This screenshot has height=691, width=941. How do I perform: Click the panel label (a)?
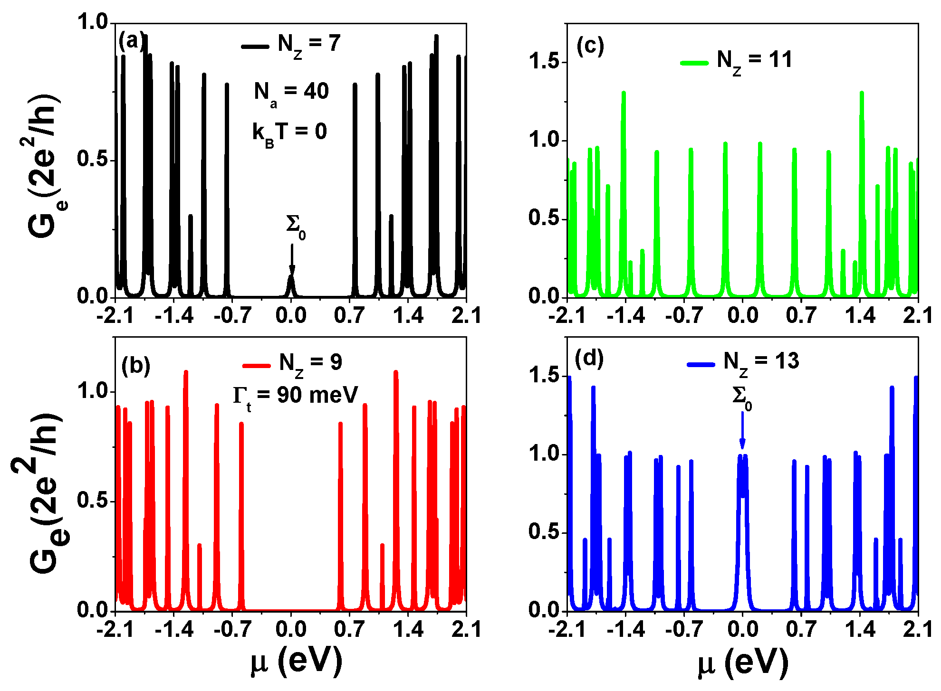(131, 41)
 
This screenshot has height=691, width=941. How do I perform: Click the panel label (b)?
(135, 366)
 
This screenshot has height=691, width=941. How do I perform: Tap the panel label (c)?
(590, 46)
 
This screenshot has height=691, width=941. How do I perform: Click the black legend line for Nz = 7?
(255, 46)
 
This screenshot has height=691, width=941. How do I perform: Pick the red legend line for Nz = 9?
(257, 365)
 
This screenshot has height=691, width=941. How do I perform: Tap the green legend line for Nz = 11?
(694, 62)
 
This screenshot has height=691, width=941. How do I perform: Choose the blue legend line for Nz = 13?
(701, 364)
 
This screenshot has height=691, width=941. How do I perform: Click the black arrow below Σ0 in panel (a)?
(292, 259)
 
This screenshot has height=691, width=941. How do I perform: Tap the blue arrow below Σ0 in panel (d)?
(742, 430)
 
